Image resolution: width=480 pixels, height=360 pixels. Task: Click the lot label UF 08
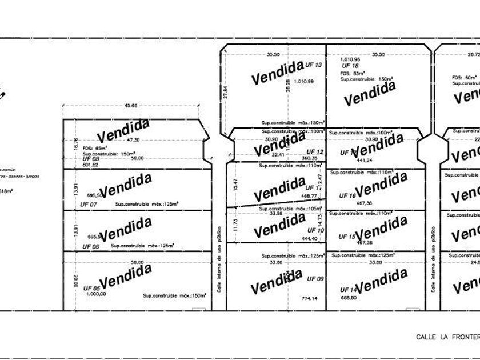tap(91, 158)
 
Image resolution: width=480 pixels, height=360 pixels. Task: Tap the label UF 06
tap(91, 246)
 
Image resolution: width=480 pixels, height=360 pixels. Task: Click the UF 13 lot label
tap(314, 65)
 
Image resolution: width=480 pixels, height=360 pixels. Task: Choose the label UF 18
tap(350, 66)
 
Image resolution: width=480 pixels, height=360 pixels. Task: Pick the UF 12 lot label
tap(315, 152)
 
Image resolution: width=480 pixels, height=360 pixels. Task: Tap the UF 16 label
tap(347, 195)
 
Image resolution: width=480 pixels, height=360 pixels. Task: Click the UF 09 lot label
tap(315, 279)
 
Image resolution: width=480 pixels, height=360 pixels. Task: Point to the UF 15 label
tap(347, 236)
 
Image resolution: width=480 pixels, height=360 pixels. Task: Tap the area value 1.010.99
tap(303, 82)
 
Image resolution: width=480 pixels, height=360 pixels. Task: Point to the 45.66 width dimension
tap(131, 106)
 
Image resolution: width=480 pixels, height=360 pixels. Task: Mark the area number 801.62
tap(90, 165)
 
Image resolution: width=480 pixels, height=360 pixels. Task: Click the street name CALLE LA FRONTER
tap(447, 337)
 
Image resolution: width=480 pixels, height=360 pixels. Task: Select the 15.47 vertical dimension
tap(234, 184)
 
